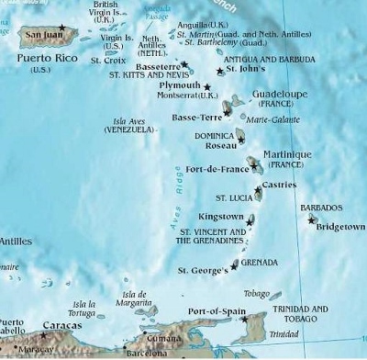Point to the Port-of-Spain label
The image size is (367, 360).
(x=212, y=311)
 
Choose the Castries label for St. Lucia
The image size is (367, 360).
(x=278, y=185)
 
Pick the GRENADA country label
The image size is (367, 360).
(x=261, y=262)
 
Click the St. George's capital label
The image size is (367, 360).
(x=201, y=270)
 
